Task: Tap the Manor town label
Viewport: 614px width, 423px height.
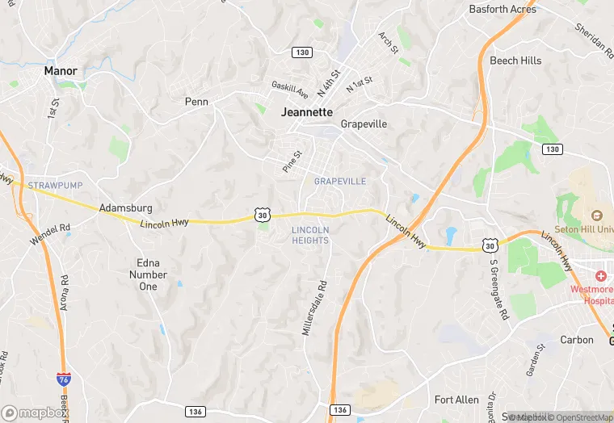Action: [x=61, y=71]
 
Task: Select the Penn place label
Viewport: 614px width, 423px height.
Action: [x=196, y=102]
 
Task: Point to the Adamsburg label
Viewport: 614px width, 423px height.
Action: [x=125, y=207]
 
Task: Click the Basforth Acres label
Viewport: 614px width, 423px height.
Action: [x=502, y=10]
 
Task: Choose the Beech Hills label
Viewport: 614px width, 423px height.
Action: [x=515, y=61]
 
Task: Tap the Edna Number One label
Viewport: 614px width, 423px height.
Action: [x=148, y=274]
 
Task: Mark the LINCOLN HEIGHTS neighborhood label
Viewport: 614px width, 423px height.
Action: [x=310, y=235]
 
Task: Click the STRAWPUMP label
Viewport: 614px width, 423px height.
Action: [x=50, y=186]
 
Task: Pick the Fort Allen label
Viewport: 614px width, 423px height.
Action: [x=456, y=400]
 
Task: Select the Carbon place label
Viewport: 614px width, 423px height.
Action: [x=577, y=340]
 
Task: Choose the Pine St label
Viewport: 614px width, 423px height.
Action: [x=292, y=161]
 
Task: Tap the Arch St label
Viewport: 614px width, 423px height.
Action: [x=389, y=43]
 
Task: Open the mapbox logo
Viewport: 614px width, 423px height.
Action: [x=35, y=413]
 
